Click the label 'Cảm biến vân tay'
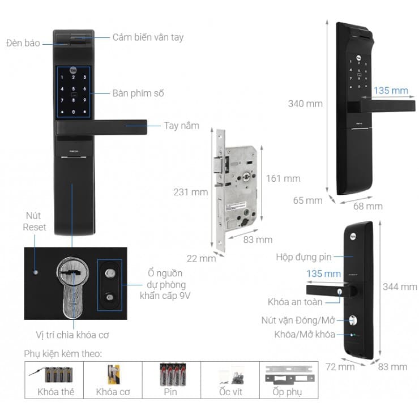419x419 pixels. (148, 37)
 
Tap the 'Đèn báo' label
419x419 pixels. (23, 42)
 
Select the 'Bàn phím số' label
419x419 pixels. (138, 93)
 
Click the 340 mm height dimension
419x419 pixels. (305, 104)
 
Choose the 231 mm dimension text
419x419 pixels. (190, 192)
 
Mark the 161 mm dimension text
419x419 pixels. (283, 178)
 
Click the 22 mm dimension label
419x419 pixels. (201, 259)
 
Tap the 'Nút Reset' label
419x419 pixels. (35, 221)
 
